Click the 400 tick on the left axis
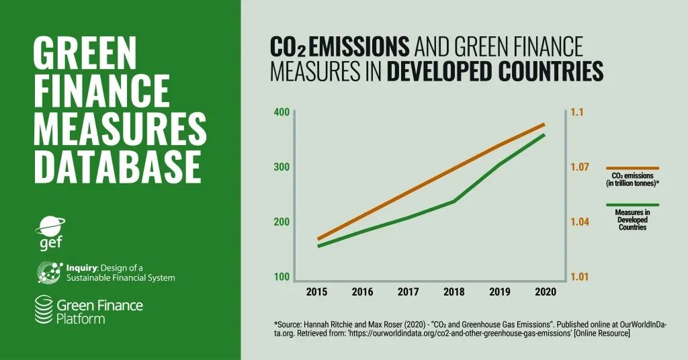pos(282,112)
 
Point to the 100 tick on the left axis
pos(282,277)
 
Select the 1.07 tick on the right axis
pos(581,167)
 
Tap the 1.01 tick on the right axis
pos(581,277)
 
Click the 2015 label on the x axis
pos(316,291)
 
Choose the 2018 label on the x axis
pos(454,291)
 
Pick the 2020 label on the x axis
pos(545,291)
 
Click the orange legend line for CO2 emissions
pos(632,168)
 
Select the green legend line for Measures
pos(632,205)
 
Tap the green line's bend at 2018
pos(454,201)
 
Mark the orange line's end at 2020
pos(544,124)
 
